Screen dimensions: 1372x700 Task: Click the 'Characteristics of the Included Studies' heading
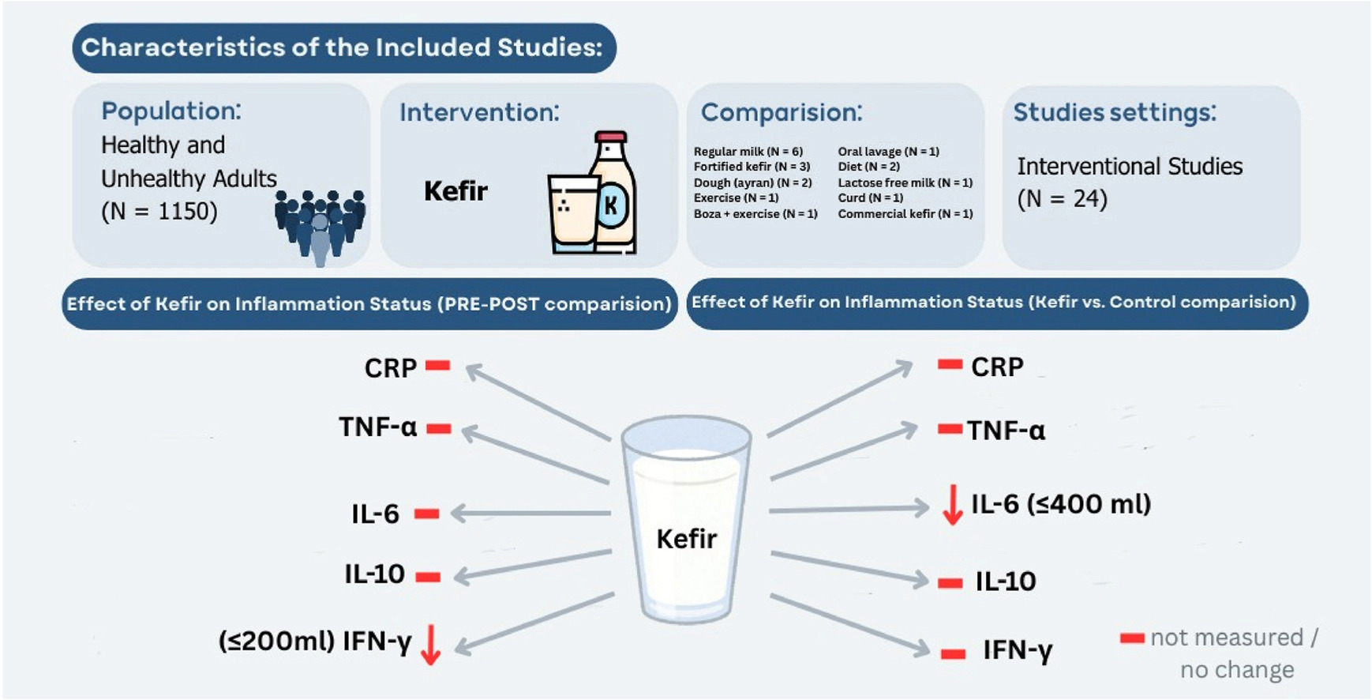(x=343, y=47)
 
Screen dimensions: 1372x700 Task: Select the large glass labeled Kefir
(x=687, y=521)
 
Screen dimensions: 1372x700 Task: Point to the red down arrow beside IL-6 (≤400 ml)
(x=953, y=505)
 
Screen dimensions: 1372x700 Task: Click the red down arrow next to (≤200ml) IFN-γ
(x=430, y=644)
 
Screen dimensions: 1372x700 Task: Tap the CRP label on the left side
(x=390, y=368)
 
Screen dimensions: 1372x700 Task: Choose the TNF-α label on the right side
(x=1007, y=431)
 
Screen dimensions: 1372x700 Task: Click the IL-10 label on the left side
(x=374, y=574)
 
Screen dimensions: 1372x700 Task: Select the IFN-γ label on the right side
(x=1018, y=651)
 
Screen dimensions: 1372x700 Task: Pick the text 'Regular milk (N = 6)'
(x=748, y=152)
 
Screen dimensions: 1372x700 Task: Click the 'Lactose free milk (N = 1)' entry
(x=905, y=183)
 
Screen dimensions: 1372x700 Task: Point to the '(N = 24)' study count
(x=1062, y=199)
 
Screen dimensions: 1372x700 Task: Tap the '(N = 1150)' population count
(x=159, y=212)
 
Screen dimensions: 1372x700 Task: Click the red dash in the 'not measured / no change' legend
(x=1132, y=638)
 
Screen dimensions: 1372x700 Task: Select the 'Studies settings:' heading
(x=1115, y=112)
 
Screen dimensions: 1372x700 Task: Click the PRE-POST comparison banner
(x=369, y=304)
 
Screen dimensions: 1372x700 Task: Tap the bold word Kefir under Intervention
(x=455, y=191)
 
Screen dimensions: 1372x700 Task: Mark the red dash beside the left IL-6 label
(x=426, y=514)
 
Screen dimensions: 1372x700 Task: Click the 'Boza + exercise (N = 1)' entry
(x=755, y=214)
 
